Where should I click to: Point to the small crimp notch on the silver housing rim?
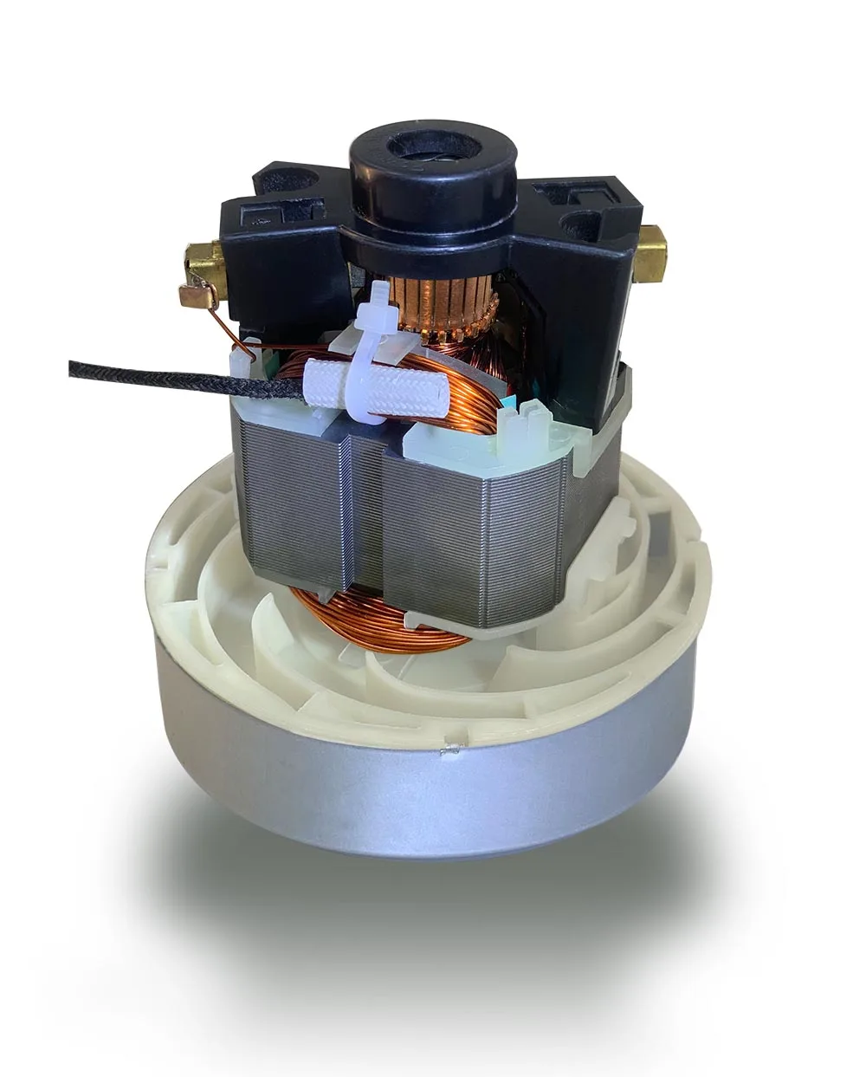(x=449, y=752)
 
